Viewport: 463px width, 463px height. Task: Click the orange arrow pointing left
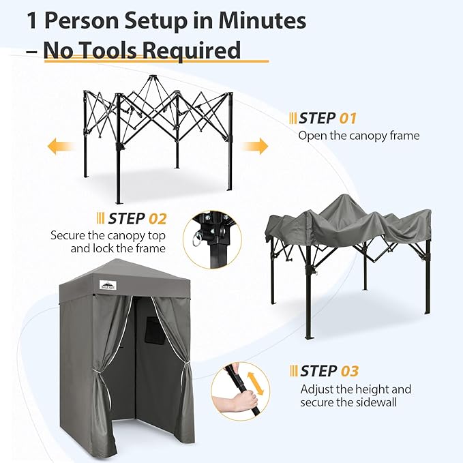(x=61, y=146)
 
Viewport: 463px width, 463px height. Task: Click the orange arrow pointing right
(x=255, y=146)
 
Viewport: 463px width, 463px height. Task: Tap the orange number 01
(x=348, y=119)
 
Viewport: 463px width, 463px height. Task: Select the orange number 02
(x=158, y=219)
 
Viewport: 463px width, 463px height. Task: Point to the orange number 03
(x=350, y=371)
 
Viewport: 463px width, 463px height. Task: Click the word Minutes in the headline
(x=263, y=20)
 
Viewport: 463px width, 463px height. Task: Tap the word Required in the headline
(x=192, y=50)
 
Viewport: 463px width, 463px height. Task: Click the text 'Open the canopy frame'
(x=359, y=136)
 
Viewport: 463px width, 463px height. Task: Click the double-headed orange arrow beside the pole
(x=256, y=383)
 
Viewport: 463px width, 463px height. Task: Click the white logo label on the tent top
(x=108, y=284)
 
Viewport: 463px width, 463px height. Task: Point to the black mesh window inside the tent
(x=155, y=331)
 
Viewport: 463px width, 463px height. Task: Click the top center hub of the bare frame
(x=152, y=78)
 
